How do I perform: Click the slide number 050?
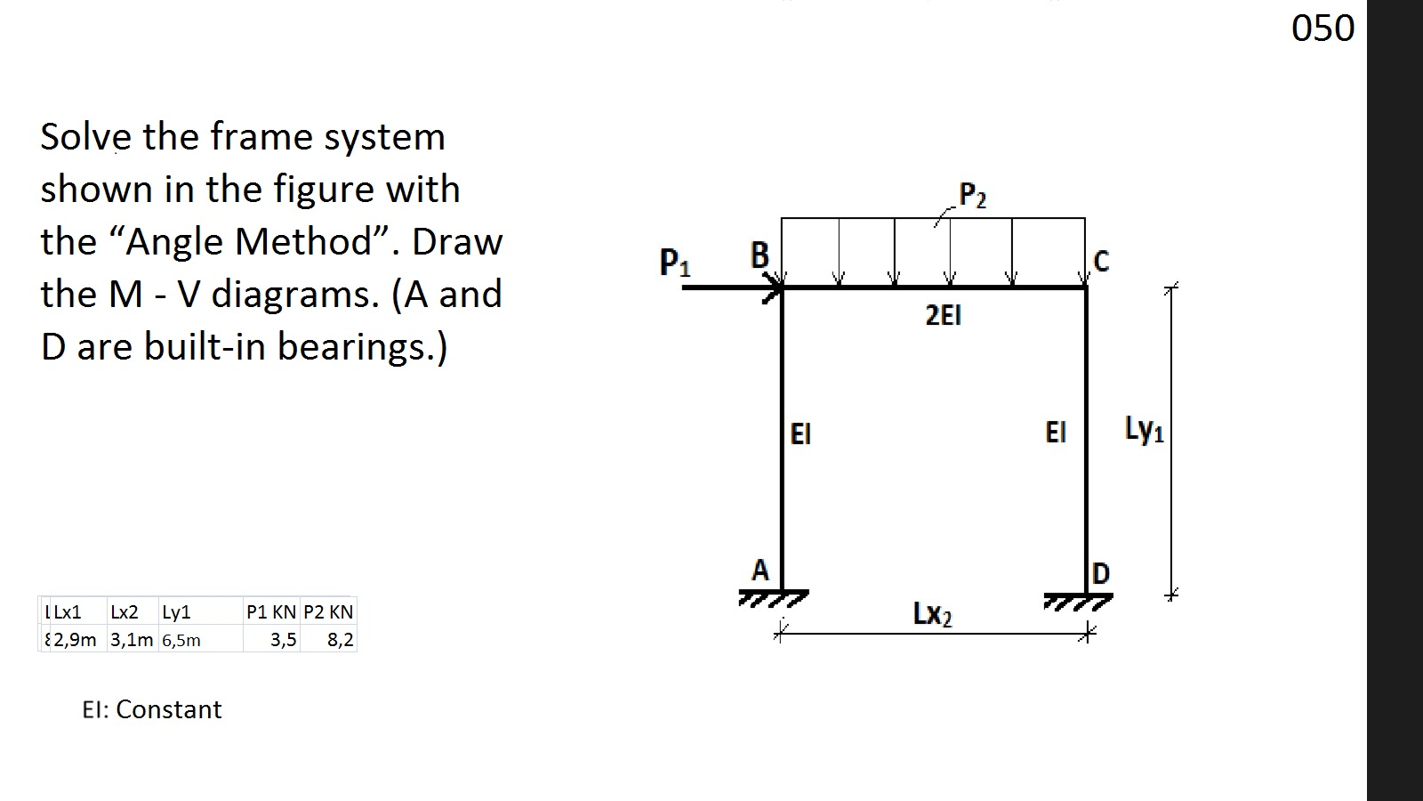pyautogui.click(x=1323, y=28)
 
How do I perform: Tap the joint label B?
pyautogui.click(x=760, y=255)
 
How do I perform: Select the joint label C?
pyautogui.click(x=1101, y=261)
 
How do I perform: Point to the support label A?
pyautogui.click(x=760, y=570)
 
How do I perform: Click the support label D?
pyautogui.click(x=1100, y=574)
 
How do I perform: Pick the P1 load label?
pyautogui.click(x=674, y=263)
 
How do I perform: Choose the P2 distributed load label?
pyautogui.click(x=973, y=195)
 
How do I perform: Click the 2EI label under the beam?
pyautogui.click(x=943, y=315)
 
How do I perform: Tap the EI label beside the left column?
pyautogui.click(x=800, y=434)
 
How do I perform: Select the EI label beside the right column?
pyautogui.click(x=1055, y=433)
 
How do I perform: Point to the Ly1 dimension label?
pyautogui.click(x=1144, y=430)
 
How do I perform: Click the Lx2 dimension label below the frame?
pyautogui.click(x=932, y=614)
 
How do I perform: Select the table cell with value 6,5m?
pyautogui.click(x=181, y=640)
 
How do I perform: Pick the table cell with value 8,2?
pyautogui.click(x=340, y=640)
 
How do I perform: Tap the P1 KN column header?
pyautogui.click(x=271, y=612)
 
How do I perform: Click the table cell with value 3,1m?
pyautogui.click(x=132, y=640)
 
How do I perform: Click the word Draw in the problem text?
pyautogui.click(x=457, y=242)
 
